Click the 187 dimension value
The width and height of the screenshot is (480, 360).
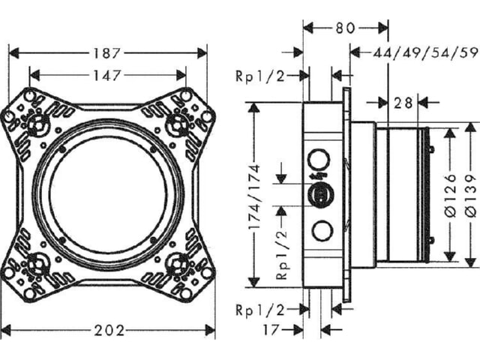(x=106, y=53)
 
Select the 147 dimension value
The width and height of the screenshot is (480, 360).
(x=106, y=75)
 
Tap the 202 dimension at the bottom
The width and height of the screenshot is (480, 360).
(x=109, y=331)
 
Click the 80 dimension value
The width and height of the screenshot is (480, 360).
(x=345, y=28)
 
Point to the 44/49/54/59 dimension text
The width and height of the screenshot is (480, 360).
(x=425, y=53)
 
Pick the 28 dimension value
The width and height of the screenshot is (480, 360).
(x=403, y=103)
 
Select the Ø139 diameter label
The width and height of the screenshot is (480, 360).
(x=472, y=195)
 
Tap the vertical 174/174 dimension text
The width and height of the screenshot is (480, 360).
(x=254, y=197)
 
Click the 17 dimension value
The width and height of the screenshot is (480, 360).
(x=271, y=330)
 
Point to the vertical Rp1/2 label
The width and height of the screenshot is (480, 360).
(x=282, y=254)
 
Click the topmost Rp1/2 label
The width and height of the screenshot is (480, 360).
(x=260, y=76)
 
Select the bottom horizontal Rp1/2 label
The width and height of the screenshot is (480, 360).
(x=260, y=310)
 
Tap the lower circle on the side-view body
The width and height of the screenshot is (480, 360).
(x=322, y=231)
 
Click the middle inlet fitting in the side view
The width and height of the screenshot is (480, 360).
(x=320, y=195)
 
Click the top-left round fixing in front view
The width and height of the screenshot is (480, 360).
(x=37, y=124)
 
